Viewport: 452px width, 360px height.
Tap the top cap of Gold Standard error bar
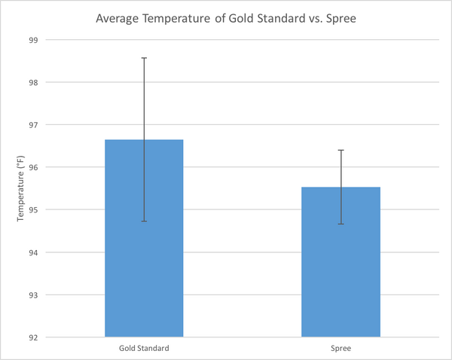[x=144, y=57]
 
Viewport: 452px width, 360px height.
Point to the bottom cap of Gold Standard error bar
[x=144, y=221]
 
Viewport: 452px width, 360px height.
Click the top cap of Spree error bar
[x=341, y=150]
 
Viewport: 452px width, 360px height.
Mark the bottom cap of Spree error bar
[x=341, y=224]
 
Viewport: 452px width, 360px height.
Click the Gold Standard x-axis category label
[x=144, y=349]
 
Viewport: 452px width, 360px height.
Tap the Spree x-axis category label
[x=341, y=349]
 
